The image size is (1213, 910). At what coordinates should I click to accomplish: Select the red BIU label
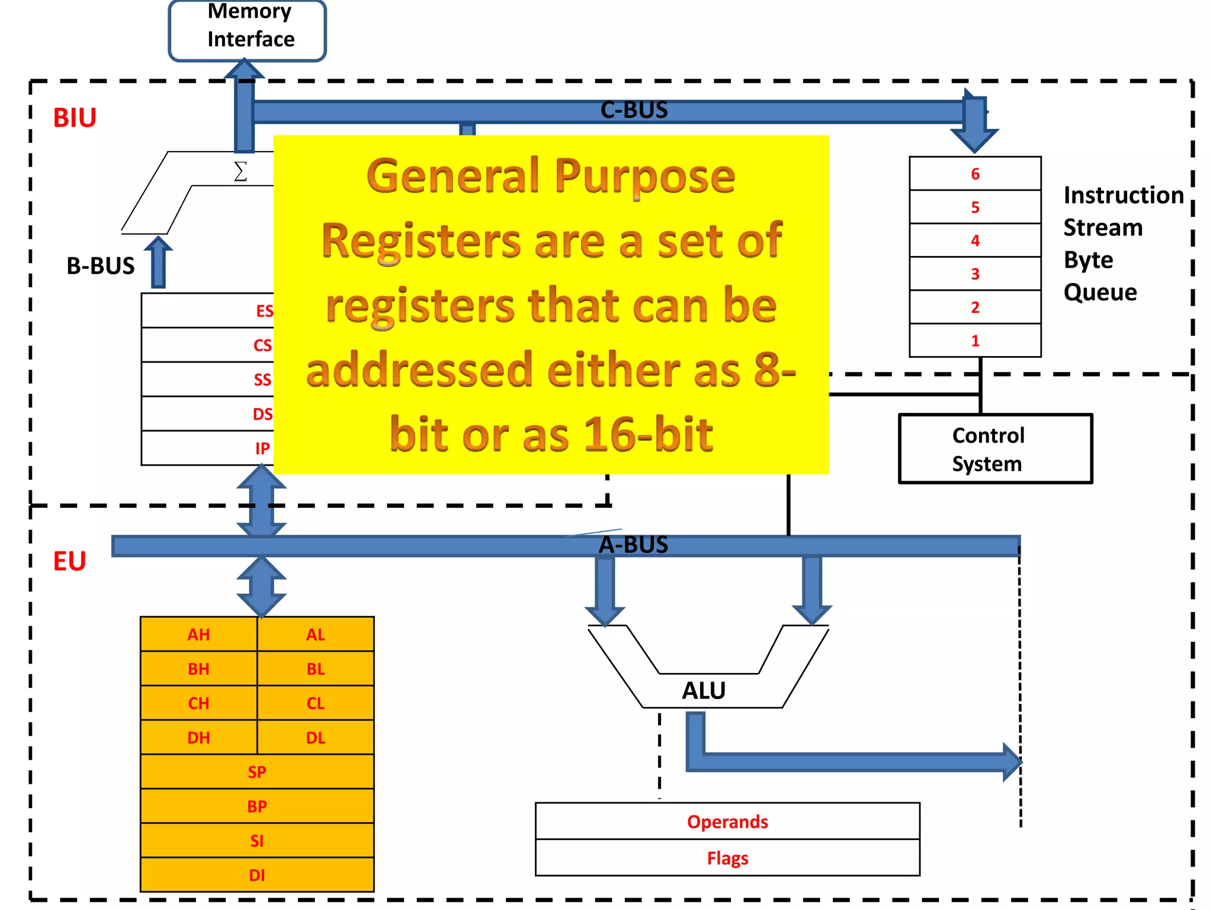(75, 118)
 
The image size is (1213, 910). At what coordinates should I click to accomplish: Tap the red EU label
(70, 561)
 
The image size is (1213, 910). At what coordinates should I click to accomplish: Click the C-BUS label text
(634, 110)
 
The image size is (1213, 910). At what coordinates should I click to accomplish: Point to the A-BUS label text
(633, 545)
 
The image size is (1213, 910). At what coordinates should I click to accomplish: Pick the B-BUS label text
(101, 266)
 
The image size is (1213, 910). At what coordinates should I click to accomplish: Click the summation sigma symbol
(240, 172)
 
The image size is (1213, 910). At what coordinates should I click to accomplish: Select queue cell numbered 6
(975, 174)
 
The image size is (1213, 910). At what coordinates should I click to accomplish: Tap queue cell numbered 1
(975, 341)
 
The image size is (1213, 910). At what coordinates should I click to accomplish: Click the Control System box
(995, 449)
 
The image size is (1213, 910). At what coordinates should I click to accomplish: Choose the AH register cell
(199, 635)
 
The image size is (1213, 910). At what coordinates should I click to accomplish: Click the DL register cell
(316, 738)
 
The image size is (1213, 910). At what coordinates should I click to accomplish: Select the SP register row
(257, 772)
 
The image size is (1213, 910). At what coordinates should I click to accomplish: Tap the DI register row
(257, 875)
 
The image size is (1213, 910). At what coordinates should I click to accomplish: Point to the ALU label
(704, 691)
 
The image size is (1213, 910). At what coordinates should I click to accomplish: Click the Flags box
(727, 858)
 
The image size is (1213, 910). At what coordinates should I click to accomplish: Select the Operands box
(727, 822)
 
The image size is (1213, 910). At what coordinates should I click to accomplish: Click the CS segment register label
(262, 345)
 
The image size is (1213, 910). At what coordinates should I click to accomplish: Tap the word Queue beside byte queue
(1100, 293)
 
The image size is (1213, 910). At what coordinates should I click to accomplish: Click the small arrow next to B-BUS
(158, 262)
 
